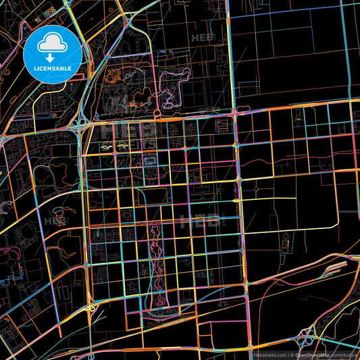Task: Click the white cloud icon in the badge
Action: tap(52, 43)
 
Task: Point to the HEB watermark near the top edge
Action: tap(202, 38)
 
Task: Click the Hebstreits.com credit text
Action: tap(269, 354)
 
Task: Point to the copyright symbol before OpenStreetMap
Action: tap(292, 354)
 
